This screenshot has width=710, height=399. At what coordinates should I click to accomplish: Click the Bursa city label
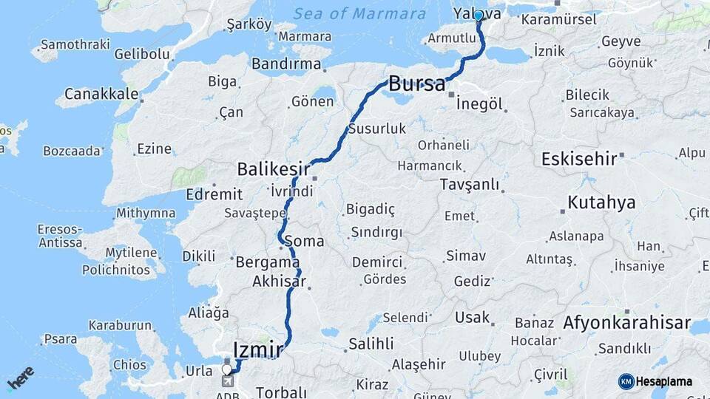418,82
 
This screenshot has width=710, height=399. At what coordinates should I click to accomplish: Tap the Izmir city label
258,348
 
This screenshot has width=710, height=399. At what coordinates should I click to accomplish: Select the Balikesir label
271,169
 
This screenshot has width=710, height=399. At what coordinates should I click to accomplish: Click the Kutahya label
601,202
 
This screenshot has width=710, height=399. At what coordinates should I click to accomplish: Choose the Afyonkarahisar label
626,323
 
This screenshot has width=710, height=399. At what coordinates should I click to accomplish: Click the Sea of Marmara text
359,13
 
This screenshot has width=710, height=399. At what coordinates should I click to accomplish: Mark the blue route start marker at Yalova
479,16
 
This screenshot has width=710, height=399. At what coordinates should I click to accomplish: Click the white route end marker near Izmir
227,369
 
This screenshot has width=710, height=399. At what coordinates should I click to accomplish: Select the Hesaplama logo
655,381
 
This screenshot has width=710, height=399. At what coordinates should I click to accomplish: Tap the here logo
21,378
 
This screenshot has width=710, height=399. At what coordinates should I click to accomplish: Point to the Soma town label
308,241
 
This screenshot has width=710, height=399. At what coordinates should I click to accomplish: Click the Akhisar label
278,281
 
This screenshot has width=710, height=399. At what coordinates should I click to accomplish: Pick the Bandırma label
286,64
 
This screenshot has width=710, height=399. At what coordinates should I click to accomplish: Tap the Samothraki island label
70,44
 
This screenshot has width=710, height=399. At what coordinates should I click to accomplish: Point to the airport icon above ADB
227,381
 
